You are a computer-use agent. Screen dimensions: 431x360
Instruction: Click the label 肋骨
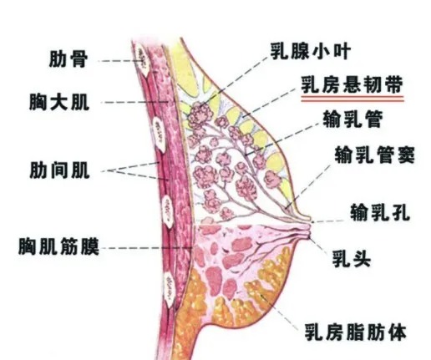coord(68,58)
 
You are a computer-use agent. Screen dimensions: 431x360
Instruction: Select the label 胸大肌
coord(59,102)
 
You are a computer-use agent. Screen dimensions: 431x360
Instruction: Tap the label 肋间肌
coord(60,170)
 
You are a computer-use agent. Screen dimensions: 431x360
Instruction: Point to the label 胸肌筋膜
coord(58,246)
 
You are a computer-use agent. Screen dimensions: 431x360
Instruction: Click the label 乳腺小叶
coord(311,52)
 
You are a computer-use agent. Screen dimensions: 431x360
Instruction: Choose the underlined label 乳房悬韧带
coord(352,85)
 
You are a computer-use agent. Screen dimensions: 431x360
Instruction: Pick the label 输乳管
coord(352,119)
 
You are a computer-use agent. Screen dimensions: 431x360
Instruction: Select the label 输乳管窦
coord(375,155)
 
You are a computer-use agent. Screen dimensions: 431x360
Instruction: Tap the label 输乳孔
coord(380,213)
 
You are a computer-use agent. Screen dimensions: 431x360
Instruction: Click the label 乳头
coord(352,259)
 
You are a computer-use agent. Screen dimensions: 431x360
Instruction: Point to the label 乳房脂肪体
coord(355,332)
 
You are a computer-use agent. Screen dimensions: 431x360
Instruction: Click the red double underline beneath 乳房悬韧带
coord(352,99)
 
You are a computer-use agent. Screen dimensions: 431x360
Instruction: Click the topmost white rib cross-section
coord(143,62)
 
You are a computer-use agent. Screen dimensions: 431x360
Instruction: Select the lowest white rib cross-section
coord(170,290)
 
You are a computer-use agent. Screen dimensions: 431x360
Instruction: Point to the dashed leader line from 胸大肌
coord(134,102)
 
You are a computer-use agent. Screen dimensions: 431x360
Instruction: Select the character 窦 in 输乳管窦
coord(406,155)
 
